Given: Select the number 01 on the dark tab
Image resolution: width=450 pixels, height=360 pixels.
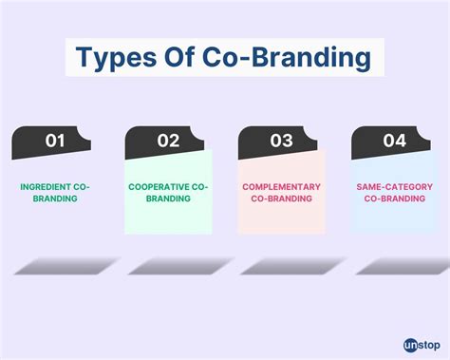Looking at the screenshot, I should (55, 141).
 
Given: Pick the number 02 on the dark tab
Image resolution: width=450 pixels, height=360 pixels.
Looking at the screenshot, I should (168, 141).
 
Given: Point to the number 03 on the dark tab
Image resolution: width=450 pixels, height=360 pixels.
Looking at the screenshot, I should (281, 141).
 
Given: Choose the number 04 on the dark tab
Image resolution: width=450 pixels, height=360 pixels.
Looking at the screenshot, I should (394, 141).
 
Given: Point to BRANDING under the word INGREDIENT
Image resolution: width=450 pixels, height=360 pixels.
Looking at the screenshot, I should (55, 200).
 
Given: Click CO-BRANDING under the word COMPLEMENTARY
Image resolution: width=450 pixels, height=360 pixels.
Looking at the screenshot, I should (281, 200).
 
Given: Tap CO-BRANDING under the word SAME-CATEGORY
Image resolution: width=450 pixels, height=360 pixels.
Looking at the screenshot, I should (394, 200).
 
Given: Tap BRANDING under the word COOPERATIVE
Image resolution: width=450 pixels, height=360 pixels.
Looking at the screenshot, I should (168, 200).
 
